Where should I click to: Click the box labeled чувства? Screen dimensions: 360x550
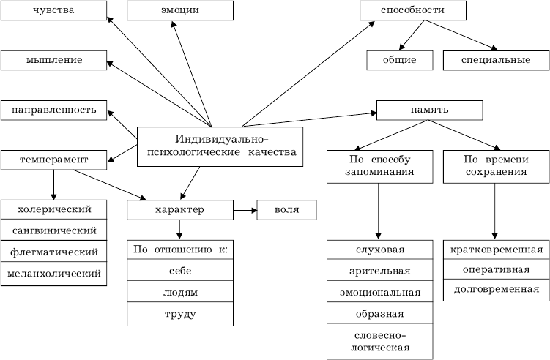click(53, 11)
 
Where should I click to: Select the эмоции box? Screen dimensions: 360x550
click(180, 11)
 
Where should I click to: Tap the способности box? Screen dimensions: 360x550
click(412, 11)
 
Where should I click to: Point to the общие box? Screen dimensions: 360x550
click(400, 60)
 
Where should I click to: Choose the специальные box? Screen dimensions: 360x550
click(496, 60)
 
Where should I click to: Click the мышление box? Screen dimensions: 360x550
click(53, 60)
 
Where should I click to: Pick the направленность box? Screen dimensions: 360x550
click(53, 110)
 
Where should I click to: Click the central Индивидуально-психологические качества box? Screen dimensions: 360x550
click(220, 146)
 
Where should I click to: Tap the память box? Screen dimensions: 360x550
click(429, 110)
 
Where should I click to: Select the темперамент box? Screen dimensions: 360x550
click(53, 159)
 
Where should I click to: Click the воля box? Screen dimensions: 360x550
click(286, 210)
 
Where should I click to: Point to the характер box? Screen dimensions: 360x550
click(180, 210)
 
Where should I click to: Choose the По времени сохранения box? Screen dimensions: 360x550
click(496, 166)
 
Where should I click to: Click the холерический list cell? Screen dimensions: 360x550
click(53, 209)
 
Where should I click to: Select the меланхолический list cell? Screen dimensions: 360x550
click(53, 274)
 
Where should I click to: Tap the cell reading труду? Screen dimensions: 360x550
click(180, 314)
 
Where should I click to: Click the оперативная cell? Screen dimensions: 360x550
click(496, 269)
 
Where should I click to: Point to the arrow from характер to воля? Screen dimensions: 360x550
click(245, 211)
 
